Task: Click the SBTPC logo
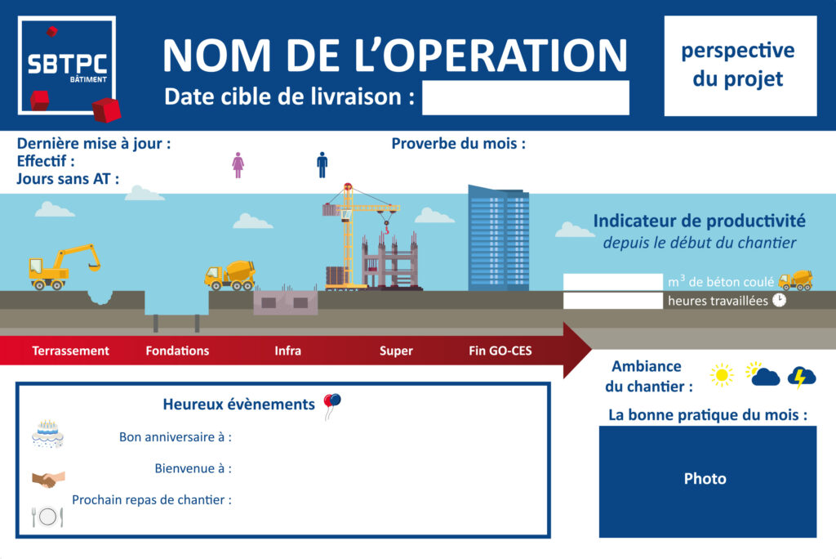click(x=68, y=66)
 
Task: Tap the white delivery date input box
click(x=525, y=98)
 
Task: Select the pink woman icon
click(x=238, y=165)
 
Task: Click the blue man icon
click(x=322, y=164)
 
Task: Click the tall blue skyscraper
click(x=499, y=238)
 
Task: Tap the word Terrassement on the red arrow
click(x=70, y=351)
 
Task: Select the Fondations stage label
click(x=177, y=351)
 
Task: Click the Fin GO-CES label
click(x=500, y=351)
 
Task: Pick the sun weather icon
click(x=722, y=375)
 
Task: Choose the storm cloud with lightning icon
click(x=802, y=377)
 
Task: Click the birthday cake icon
click(x=48, y=433)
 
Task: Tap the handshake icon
click(x=48, y=479)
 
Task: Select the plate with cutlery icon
click(x=47, y=517)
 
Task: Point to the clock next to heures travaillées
click(x=780, y=300)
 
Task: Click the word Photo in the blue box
click(x=705, y=478)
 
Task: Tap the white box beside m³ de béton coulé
click(x=612, y=281)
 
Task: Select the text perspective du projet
click(x=738, y=64)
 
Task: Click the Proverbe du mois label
click(x=459, y=144)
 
